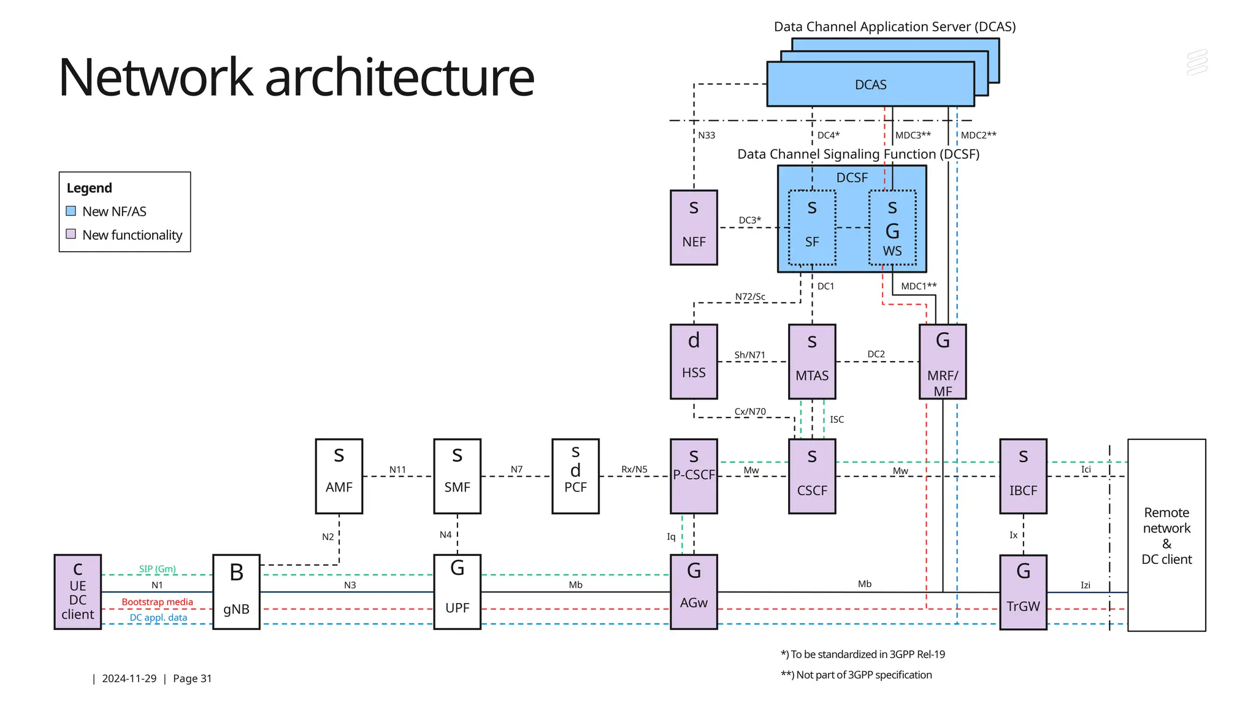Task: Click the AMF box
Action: [x=339, y=476]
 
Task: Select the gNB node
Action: [x=236, y=592]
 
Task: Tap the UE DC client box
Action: [x=78, y=592]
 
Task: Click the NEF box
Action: [x=694, y=227]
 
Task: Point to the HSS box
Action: [x=694, y=362]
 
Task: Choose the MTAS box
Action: [x=812, y=362]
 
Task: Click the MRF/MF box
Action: [x=943, y=362]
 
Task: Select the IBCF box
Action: [x=1023, y=476]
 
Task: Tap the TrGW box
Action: [x=1023, y=592]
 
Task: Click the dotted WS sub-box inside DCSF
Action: [x=892, y=228]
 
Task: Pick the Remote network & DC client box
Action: [x=1166, y=535]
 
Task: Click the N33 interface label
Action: [x=706, y=135]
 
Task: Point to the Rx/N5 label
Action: [x=634, y=469]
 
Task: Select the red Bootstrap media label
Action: [x=157, y=602]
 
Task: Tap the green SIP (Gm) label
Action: [x=157, y=569]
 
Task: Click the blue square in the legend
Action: [x=71, y=211]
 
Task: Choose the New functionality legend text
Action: [x=132, y=235]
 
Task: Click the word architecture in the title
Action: [x=399, y=77]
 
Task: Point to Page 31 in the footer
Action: [x=192, y=678]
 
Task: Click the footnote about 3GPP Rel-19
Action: [x=863, y=655]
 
